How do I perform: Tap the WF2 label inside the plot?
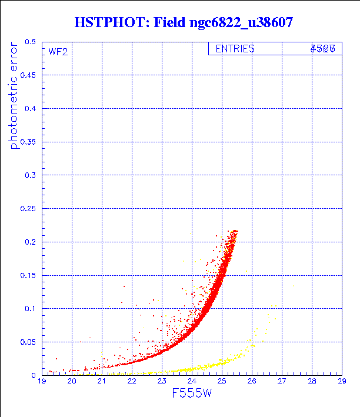coord(58,52)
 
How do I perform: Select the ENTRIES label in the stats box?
coord(235,49)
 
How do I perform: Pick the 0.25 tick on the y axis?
coord(28,209)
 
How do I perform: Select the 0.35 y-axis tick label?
coord(28,142)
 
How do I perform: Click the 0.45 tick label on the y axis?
coord(28,75)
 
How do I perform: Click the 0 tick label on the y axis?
coord(34,375)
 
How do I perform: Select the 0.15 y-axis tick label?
coord(28,275)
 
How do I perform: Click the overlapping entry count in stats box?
coord(323,49)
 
